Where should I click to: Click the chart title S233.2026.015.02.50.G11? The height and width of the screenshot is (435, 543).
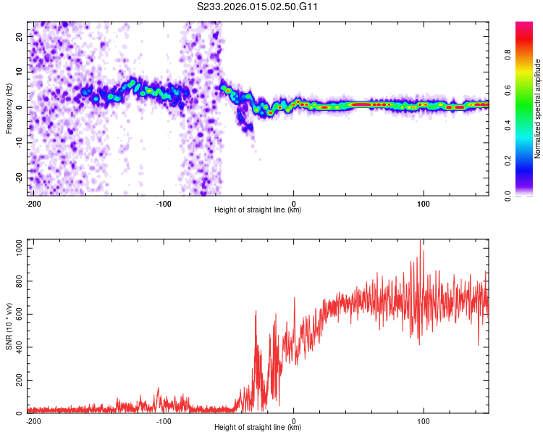258,7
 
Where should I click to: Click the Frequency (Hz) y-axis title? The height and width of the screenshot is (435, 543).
9,108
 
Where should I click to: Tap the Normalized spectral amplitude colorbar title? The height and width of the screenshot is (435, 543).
537,109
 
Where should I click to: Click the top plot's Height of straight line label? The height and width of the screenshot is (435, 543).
258,210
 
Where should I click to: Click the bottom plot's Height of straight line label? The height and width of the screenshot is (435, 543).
258,428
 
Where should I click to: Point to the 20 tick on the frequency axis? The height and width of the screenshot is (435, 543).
20,36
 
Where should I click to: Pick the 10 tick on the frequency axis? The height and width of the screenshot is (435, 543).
20,72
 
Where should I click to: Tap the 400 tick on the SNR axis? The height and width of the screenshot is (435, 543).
17,347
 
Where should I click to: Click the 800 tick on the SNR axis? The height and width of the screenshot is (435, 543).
17,281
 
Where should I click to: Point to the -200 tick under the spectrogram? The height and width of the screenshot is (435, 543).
33,203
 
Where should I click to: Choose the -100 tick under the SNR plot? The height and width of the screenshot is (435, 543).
164,420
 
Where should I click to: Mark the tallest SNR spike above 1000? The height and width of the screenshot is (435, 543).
421,241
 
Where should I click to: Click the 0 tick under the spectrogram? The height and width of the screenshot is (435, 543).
293,203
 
